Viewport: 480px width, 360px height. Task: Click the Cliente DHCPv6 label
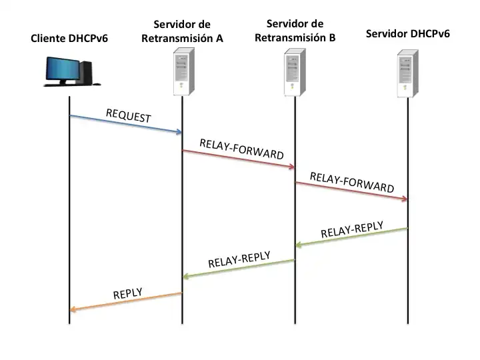pyautogui.click(x=69, y=38)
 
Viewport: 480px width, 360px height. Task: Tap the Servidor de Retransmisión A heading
pyautogui.click(x=182, y=31)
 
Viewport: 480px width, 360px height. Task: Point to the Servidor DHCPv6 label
pyautogui.click(x=408, y=33)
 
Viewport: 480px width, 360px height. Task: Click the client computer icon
pyautogui.click(x=69, y=71)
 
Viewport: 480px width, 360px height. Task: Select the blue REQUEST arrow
pyautogui.click(x=125, y=124)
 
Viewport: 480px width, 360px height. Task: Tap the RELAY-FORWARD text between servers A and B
pyautogui.click(x=241, y=149)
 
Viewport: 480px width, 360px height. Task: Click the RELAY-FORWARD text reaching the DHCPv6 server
pyautogui.click(x=352, y=181)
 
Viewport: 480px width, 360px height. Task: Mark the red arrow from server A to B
pyautogui.click(x=239, y=159)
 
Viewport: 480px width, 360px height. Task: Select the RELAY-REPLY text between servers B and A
pyautogui.click(x=239, y=260)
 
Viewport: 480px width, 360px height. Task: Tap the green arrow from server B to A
pyautogui.click(x=239, y=268)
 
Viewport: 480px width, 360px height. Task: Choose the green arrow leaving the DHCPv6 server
pyautogui.click(x=351, y=237)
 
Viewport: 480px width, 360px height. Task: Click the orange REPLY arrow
pyautogui.click(x=125, y=301)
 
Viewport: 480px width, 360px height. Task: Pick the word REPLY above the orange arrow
pyautogui.click(x=127, y=293)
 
